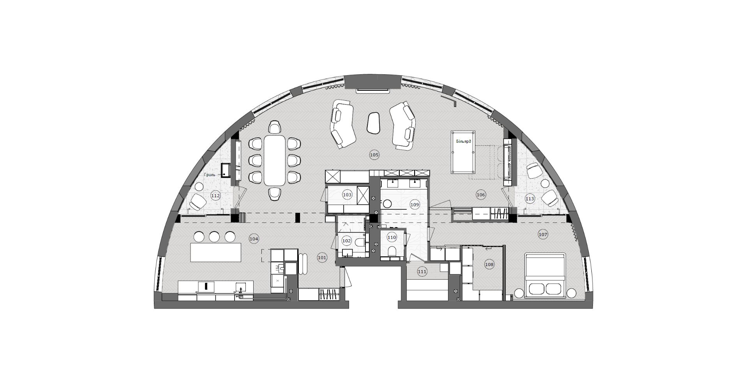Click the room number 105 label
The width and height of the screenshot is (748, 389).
374,155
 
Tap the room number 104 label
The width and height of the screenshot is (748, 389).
254,238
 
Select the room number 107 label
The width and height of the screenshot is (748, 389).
543,235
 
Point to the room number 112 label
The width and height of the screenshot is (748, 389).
215,196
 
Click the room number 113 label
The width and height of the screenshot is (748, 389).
530,199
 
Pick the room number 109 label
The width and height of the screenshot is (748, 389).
415,204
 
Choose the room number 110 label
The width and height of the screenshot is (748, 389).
392,237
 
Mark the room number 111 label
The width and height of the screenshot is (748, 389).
422,272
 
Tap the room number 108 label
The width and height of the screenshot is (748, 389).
489,265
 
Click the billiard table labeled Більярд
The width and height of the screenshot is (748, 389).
464,152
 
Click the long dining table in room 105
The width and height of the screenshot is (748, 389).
274,160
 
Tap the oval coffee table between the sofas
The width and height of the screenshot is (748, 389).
374,123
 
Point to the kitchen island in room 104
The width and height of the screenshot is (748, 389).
215,252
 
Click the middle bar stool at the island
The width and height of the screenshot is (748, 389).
215,237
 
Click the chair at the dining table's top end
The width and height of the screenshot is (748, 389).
275,127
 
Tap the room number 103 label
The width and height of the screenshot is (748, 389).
347,194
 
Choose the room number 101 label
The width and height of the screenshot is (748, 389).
322,257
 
